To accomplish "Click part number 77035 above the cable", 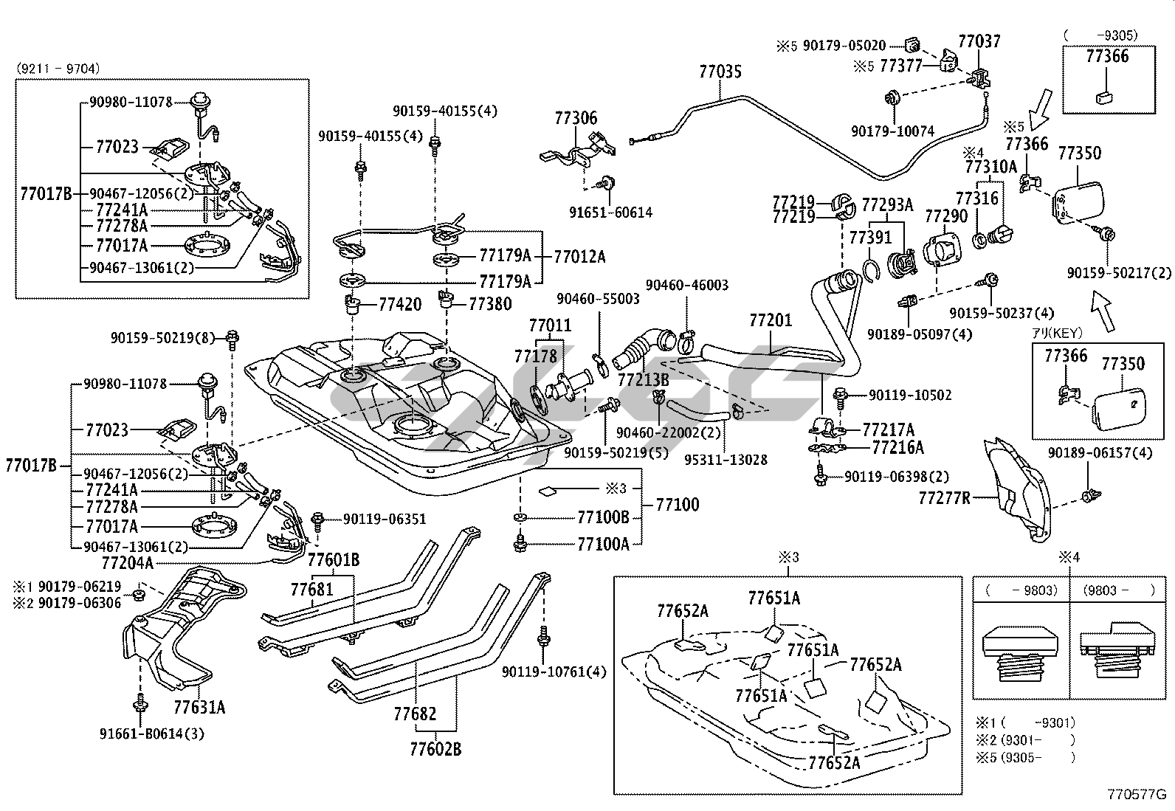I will (720, 72).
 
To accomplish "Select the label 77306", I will (576, 118).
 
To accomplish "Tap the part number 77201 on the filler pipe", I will (771, 320).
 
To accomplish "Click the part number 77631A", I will (199, 708).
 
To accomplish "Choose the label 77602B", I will (435, 749).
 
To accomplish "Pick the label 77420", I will (400, 304).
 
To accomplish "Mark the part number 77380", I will (490, 304).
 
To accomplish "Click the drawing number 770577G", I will (1136, 795).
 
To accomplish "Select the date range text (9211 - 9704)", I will (58, 69).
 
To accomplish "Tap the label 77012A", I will (579, 257).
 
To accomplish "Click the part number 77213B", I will (643, 379).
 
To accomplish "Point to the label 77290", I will (946, 216).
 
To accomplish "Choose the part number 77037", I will (979, 41).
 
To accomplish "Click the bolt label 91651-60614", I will (610, 213).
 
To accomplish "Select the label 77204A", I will (127, 563).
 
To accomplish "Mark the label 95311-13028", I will (725, 460).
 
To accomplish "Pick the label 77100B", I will (603, 517).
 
